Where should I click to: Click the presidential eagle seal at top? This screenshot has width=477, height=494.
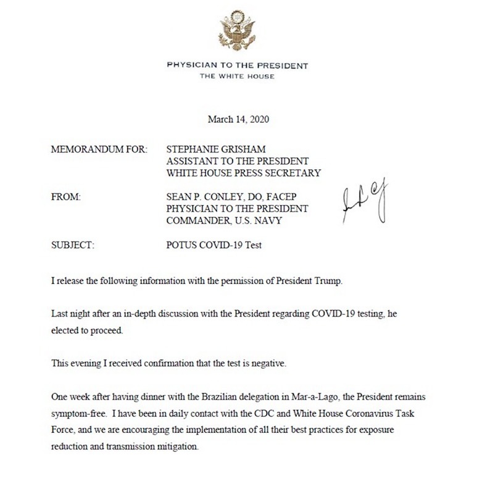(238, 30)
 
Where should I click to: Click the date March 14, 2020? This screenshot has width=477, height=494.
(238, 118)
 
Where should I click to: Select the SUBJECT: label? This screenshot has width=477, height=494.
(73, 246)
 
